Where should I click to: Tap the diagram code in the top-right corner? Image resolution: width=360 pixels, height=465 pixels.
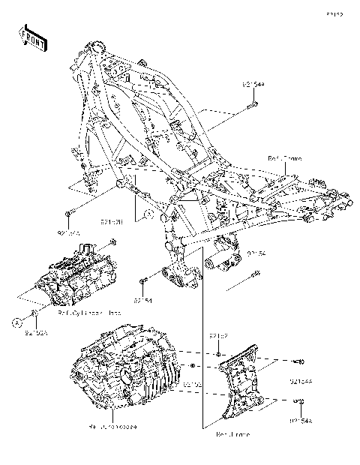tap(334, 14)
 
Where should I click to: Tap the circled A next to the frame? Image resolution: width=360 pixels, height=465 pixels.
tap(148, 214)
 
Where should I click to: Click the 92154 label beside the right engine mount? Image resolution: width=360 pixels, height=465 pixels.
tap(257, 253)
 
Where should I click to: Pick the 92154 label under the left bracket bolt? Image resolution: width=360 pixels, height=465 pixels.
tap(144, 300)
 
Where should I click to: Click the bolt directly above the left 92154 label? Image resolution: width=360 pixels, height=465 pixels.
tap(142, 280)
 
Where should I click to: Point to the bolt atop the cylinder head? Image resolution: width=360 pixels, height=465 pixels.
tap(112, 241)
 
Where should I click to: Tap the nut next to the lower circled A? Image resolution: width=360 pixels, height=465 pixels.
tap(34, 310)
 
